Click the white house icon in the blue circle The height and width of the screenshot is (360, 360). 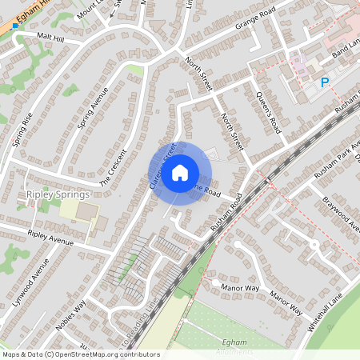tap(180, 172)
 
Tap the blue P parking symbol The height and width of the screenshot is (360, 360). tap(325, 82)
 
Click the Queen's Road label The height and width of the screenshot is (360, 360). tap(268, 112)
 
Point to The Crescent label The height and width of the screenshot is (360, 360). tap(113, 168)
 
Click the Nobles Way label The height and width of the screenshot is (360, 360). tap(71, 315)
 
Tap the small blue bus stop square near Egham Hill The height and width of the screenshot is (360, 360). tap(14, 26)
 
